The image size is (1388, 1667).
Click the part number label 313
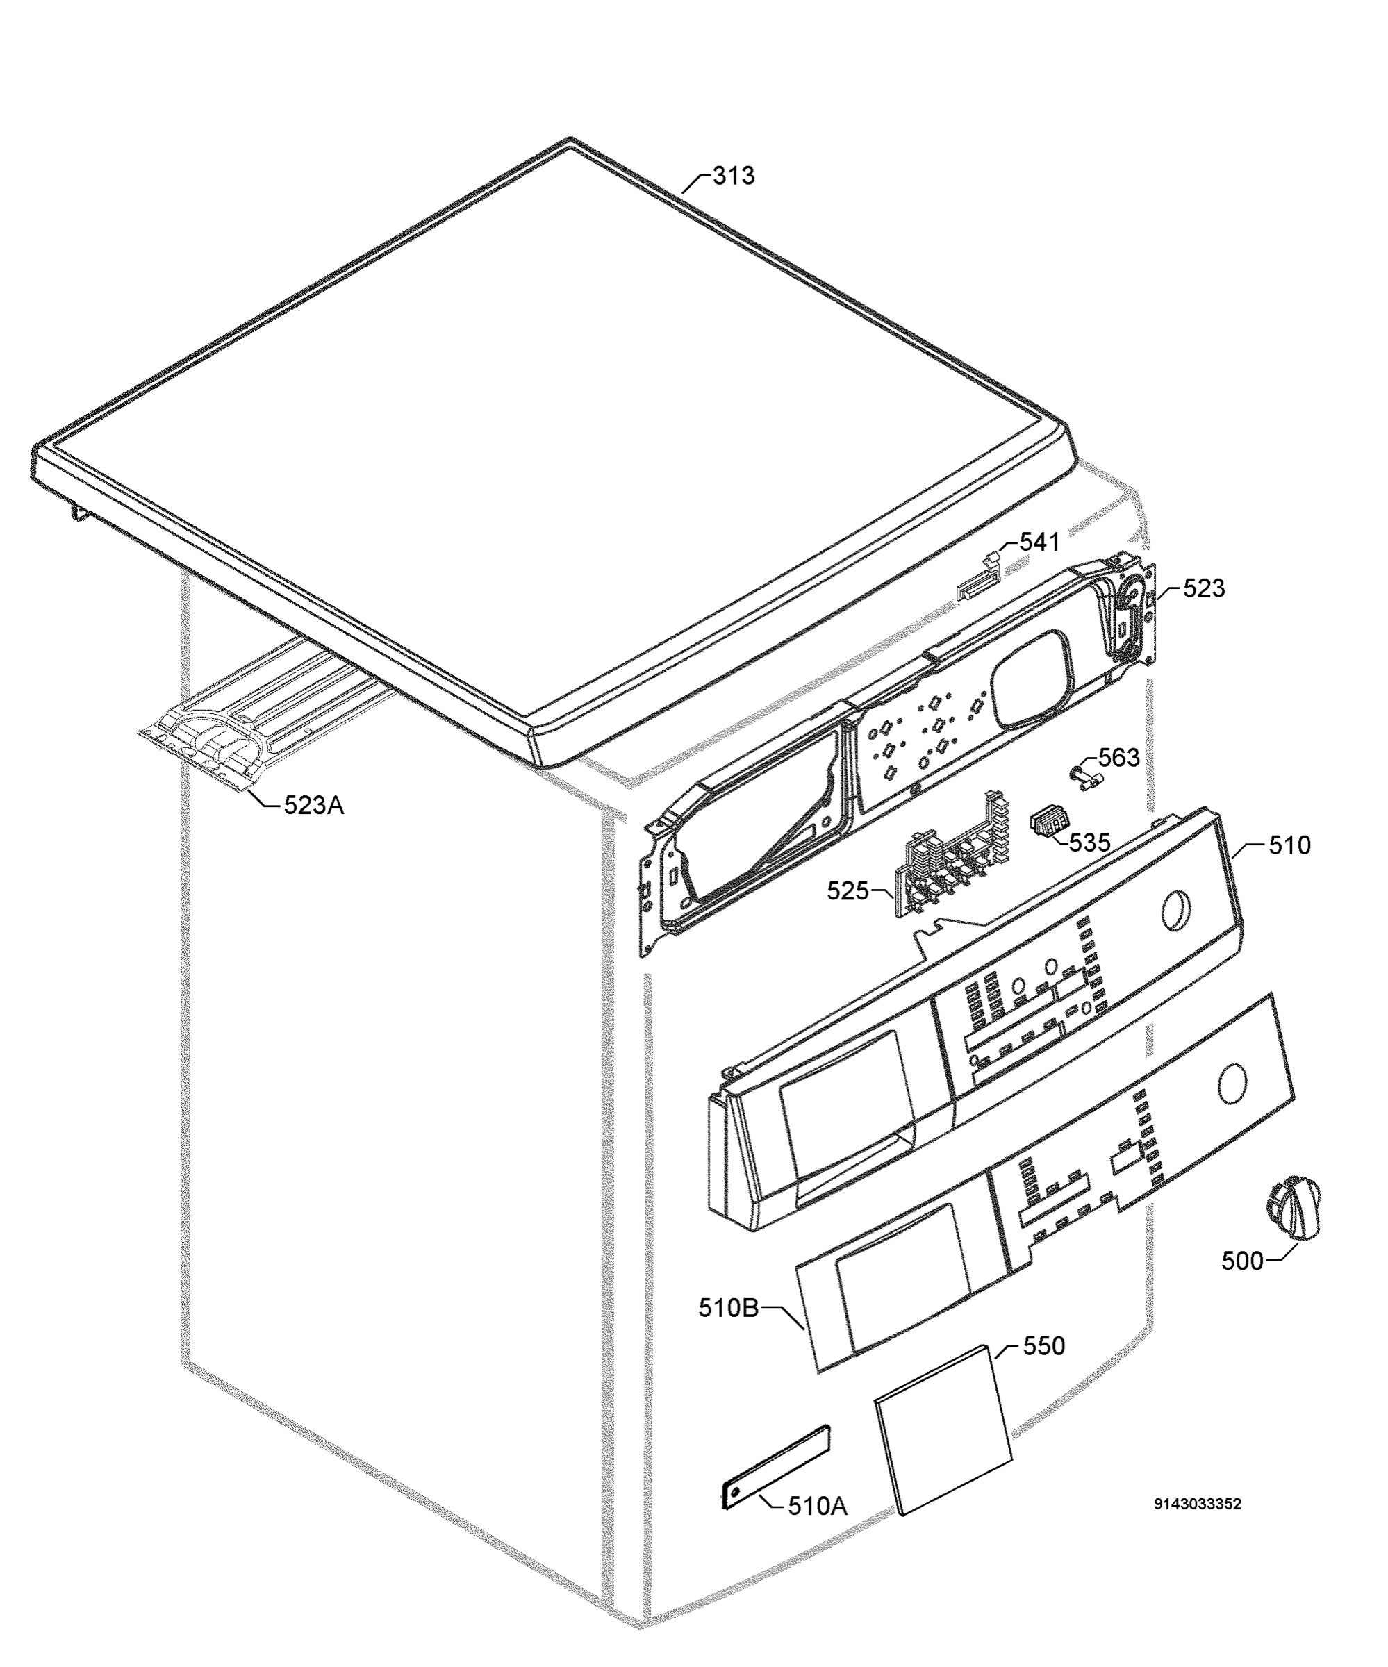(733, 176)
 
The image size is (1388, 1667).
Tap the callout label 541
(1039, 542)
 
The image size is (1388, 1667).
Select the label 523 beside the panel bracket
(1204, 588)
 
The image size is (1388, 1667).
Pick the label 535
(1089, 843)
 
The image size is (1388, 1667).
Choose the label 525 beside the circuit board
(848, 890)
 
